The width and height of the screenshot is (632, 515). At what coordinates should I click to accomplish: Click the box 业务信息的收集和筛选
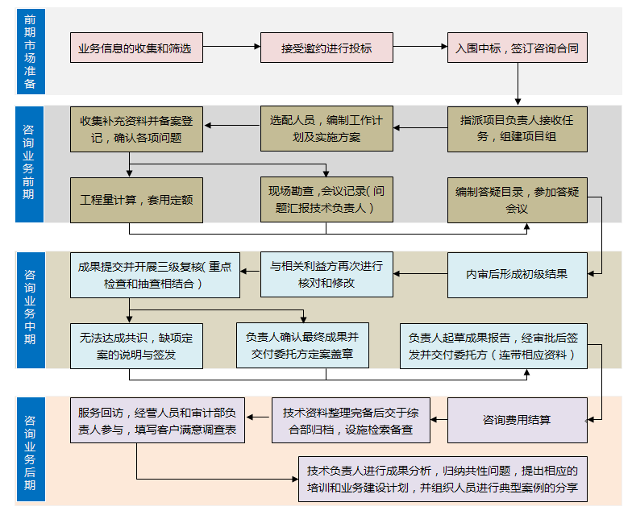(135, 48)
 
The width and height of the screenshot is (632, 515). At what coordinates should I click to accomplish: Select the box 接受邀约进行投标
(326, 48)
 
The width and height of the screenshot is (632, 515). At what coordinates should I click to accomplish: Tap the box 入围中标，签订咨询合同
(517, 48)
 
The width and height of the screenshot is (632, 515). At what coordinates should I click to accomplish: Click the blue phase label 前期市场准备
(30, 51)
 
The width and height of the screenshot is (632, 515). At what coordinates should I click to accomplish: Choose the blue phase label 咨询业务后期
(30, 451)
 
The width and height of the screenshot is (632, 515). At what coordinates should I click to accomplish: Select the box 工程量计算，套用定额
(135, 200)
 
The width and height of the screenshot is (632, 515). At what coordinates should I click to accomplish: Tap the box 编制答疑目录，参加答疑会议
(517, 200)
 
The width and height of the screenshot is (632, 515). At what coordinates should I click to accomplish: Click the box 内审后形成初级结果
(517, 274)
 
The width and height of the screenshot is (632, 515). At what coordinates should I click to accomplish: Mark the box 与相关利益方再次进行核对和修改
(326, 274)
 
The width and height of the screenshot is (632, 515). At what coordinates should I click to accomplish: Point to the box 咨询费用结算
(517, 420)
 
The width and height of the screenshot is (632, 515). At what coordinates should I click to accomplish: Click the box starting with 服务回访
(157, 420)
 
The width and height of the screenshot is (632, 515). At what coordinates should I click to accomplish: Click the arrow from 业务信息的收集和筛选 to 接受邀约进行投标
(231, 48)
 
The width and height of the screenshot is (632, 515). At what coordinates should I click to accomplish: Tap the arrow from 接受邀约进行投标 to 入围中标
(421, 48)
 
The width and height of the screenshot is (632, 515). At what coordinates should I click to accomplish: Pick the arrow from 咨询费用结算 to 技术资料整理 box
(439, 420)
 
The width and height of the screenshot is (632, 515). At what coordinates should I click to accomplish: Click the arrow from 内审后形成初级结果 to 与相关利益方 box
(421, 274)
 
